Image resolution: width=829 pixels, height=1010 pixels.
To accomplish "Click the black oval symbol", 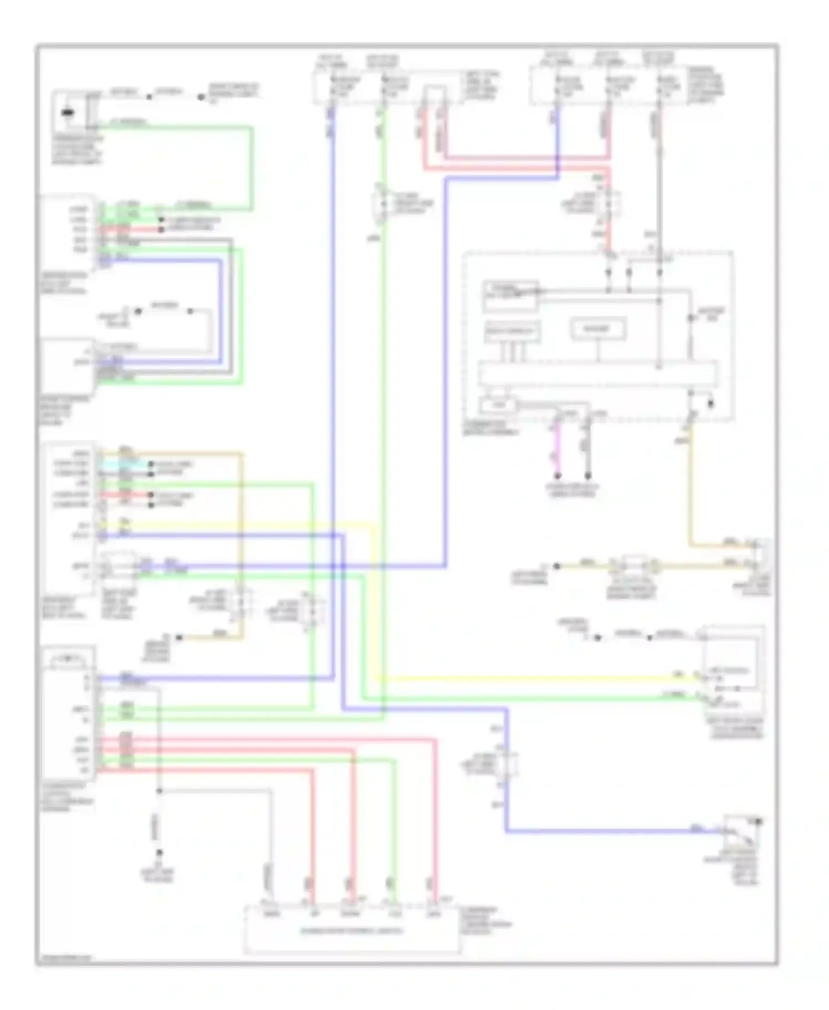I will pos(67,113).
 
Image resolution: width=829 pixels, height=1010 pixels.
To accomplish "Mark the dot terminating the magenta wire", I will pos(558,476).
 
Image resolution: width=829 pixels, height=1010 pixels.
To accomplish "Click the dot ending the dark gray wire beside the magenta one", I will pos(588,476).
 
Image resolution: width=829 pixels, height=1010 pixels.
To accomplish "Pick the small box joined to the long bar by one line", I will pos(597,329).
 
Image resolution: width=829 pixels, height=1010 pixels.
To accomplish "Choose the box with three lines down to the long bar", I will pos(512,332).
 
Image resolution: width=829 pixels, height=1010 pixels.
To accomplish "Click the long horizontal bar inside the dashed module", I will pos(597,374).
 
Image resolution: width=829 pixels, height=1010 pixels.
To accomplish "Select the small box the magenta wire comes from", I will pos(498,405).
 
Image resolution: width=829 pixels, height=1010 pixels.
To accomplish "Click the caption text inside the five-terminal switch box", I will pos(351,931).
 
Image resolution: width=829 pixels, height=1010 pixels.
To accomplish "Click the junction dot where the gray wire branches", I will pos(159,791).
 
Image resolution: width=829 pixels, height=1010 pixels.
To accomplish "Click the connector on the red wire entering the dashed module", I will pos(609,203).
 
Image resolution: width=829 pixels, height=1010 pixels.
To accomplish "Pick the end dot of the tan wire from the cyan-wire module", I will pos(179,638).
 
